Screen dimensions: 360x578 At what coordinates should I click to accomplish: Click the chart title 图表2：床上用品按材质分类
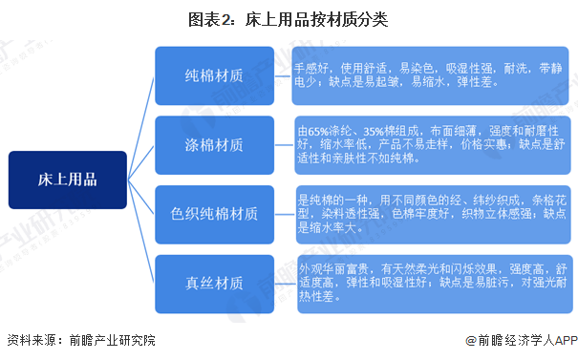[289, 18]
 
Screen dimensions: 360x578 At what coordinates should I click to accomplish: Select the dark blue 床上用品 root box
[68, 180]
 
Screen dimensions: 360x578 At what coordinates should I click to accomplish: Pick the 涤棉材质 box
[214, 145]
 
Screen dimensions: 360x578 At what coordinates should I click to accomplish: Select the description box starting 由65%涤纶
[429, 145]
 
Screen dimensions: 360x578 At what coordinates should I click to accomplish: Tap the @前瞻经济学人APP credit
[520, 341]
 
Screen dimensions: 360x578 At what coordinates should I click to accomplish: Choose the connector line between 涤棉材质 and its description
[283, 145]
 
